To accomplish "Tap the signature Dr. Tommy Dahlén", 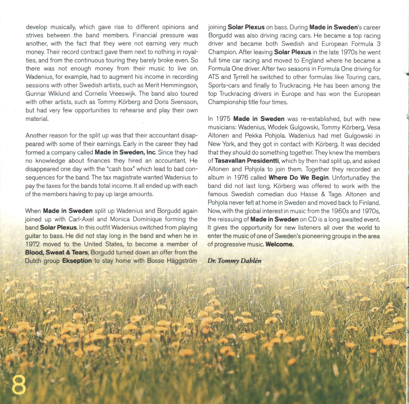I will pyautogui.click(x=234, y=261).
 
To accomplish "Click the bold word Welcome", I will pyautogui.click(x=280, y=244).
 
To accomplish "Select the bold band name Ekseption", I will pyautogui.click(x=77, y=261).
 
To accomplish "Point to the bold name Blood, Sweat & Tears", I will pyautogui.click(x=56, y=252).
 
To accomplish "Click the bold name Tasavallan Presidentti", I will pyautogui.click(x=247, y=161).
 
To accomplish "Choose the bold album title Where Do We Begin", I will pyautogui.click(x=299, y=178).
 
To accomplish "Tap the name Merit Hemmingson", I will pyautogui.click(x=171, y=85).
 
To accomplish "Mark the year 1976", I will pyautogui.click(x=241, y=178).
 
